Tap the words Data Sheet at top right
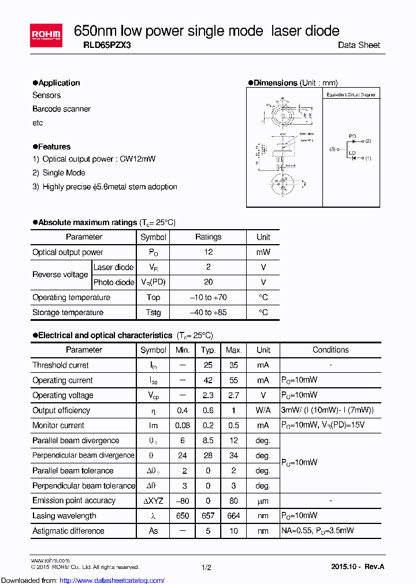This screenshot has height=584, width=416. point(359,45)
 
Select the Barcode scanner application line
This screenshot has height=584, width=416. point(61,109)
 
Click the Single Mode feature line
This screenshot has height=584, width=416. point(64,173)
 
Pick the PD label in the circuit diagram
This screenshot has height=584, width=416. point(352,137)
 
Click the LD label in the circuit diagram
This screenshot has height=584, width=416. point(352,154)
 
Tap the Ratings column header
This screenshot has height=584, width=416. point(208,237)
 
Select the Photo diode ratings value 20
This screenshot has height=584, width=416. point(208,282)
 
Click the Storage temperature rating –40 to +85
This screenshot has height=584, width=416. point(208,312)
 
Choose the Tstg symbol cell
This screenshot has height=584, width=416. point(153,312)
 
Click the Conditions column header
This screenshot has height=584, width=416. point(330,350)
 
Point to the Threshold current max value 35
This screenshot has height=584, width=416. point(233,365)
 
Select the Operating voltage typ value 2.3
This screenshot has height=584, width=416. point(208,395)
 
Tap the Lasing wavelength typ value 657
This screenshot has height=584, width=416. point(208,515)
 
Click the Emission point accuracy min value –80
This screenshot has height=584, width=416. point(183,500)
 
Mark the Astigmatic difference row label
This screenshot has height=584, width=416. point(68,530)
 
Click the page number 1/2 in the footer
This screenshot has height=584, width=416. point(206,567)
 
